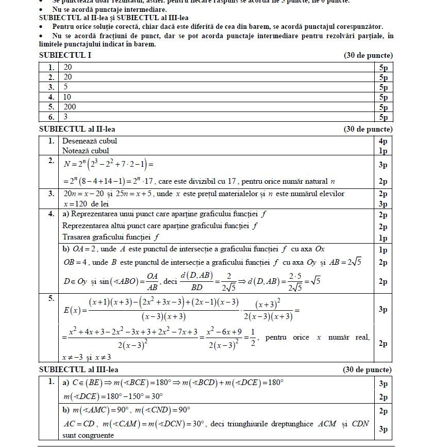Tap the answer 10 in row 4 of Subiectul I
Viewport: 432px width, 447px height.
tap(67, 97)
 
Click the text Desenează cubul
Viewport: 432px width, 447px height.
tap(90, 141)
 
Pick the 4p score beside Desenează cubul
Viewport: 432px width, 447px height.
tap(383, 141)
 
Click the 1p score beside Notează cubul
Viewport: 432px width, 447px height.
tap(383, 151)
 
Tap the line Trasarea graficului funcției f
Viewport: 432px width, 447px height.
tap(108, 237)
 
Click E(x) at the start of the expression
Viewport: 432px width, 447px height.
tap(71, 310)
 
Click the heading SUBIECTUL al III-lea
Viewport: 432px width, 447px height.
tap(79, 370)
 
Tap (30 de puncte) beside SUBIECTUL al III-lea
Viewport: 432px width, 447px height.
tap(368, 370)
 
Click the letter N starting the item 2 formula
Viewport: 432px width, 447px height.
tap(66, 165)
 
